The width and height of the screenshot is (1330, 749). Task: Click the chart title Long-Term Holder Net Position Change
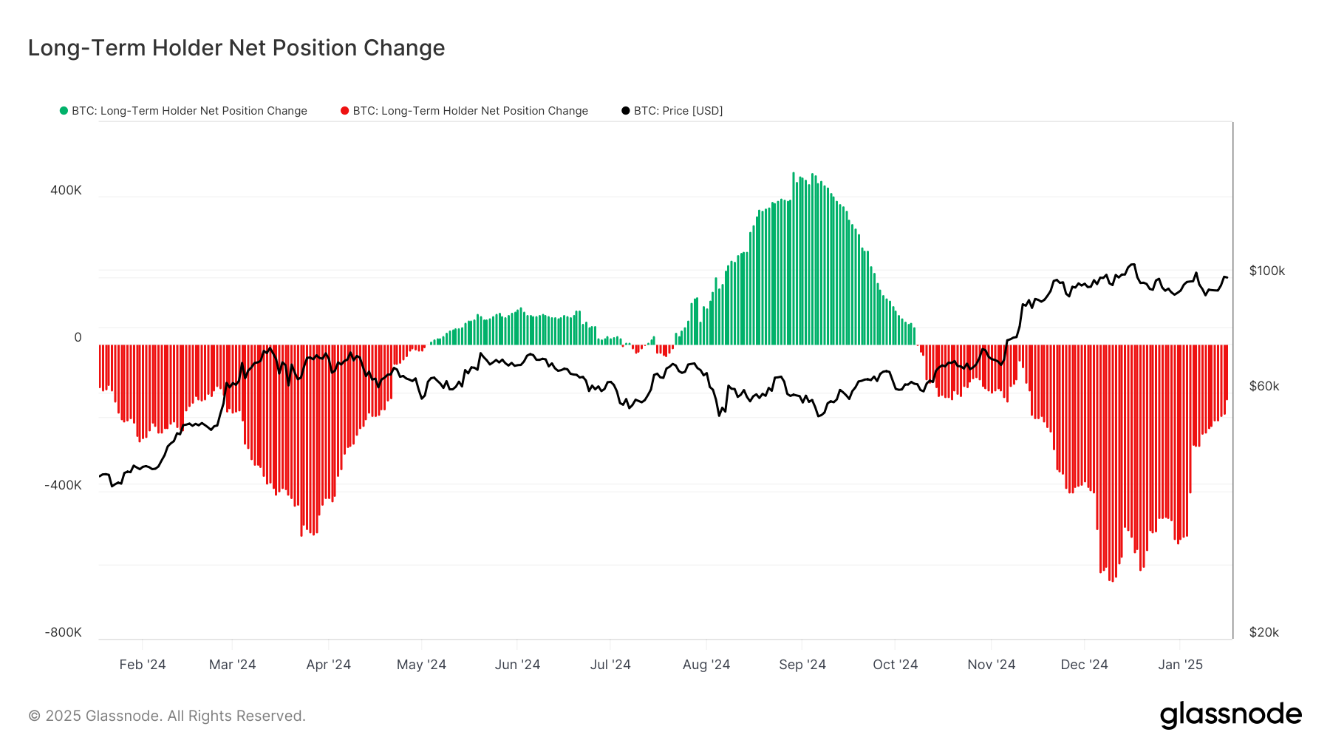236,48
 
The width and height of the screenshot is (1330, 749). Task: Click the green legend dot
64,111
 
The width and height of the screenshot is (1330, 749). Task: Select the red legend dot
344,111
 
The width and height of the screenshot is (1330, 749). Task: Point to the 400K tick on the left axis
66,190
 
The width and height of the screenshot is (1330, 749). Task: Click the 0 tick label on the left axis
78,337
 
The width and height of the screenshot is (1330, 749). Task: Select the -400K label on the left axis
63,485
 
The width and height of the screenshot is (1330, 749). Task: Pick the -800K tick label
63,632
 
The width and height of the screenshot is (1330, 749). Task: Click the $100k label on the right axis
1266,271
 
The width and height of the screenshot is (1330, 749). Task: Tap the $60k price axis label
1263,386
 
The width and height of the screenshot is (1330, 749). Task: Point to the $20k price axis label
1263,632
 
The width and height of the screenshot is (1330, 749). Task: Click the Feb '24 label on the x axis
143,664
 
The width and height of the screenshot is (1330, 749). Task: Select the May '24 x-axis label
421,664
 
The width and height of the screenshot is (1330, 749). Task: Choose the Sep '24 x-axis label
802,664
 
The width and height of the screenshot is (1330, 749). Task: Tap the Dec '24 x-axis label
1084,664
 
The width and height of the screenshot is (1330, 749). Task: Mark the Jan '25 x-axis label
1180,664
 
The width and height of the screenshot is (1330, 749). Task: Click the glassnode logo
1230,715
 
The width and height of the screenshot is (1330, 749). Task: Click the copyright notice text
167,716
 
